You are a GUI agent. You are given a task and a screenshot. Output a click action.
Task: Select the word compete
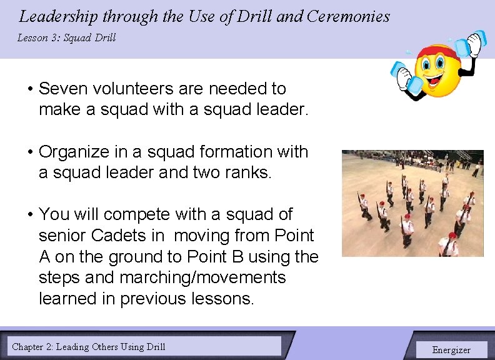(137, 214)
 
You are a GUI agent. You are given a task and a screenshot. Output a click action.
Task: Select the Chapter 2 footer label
(89, 346)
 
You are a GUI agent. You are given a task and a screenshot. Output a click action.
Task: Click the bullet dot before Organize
(29, 152)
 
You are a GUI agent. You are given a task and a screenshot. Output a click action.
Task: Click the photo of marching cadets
(412, 203)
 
